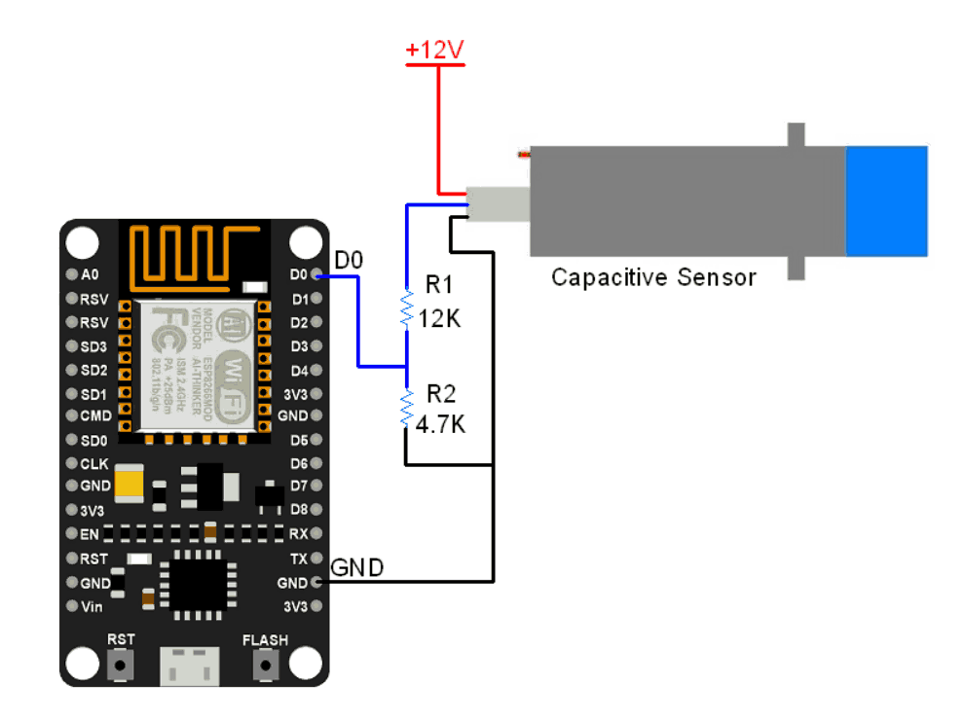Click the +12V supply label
435,49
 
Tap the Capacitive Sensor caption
653,277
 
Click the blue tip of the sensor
886,201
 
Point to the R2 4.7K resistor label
441,410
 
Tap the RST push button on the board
121,666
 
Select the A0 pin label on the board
91,274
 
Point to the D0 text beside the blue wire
349,261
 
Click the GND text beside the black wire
356,567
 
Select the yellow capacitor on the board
129,483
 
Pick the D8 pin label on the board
298,509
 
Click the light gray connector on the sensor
498,204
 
